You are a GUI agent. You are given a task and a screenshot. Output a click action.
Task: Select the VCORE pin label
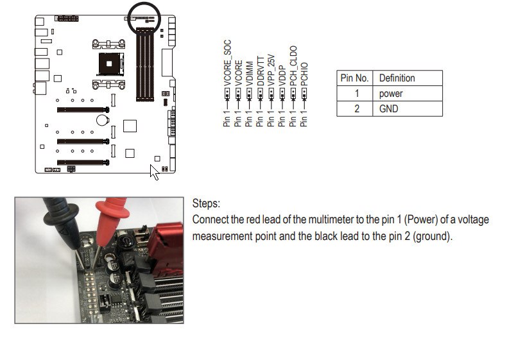click(239, 73)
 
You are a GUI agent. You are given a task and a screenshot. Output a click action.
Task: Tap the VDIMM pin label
click(250, 73)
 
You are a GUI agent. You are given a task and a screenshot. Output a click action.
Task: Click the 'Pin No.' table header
click(354, 78)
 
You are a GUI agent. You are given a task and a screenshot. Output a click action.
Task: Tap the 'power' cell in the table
click(391, 94)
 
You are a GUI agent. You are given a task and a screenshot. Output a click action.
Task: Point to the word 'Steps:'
click(206, 203)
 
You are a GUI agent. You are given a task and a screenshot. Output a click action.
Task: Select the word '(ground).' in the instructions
click(432, 236)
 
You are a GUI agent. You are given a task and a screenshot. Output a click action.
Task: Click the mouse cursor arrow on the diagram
click(153, 171)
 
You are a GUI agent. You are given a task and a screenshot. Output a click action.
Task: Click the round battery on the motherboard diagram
click(101, 120)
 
